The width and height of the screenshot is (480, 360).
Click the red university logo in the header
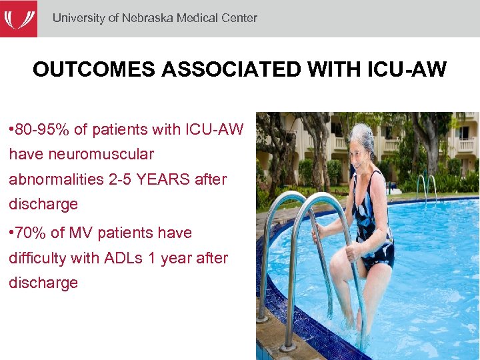(18, 18)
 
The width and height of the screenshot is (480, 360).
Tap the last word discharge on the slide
(43, 283)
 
